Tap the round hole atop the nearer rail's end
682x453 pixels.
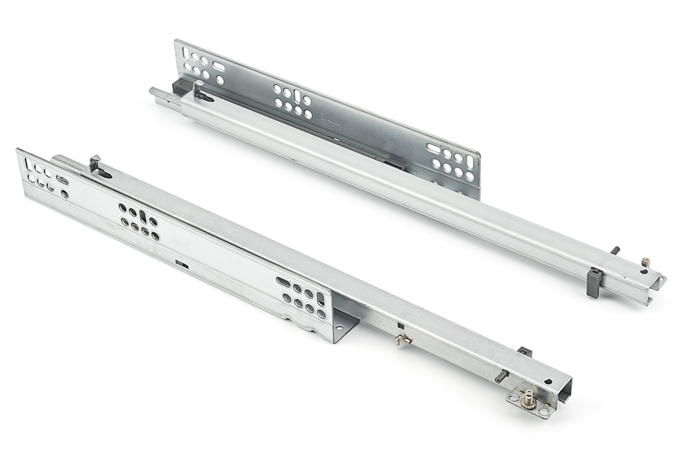[547, 382]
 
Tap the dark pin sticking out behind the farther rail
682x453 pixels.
[615, 251]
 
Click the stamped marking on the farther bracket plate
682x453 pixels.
[331, 122]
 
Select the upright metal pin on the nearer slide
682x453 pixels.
[95, 165]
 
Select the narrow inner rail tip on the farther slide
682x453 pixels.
[157, 92]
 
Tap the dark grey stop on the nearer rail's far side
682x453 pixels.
[525, 351]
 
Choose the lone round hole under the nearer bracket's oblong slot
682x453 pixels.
[65, 194]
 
